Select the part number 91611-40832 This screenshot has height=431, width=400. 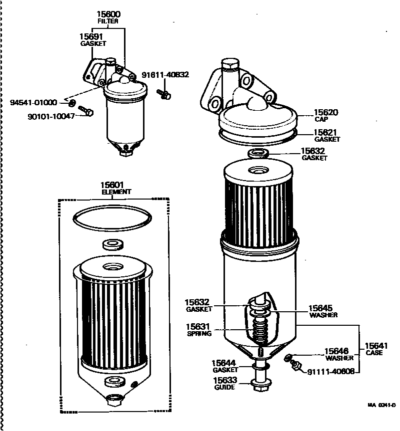(165, 75)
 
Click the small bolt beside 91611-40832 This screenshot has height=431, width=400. (164, 93)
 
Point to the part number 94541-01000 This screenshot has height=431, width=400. (33, 103)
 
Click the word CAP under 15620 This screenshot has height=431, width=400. (320, 120)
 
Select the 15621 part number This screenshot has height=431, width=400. (326, 132)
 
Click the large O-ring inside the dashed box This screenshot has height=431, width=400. (112, 218)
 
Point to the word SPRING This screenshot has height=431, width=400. (199, 334)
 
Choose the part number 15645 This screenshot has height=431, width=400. (320, 308)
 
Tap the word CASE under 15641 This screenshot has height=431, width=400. (373, 353)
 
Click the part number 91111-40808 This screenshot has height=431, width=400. (330, 372)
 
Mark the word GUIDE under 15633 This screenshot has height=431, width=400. (224, 387)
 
